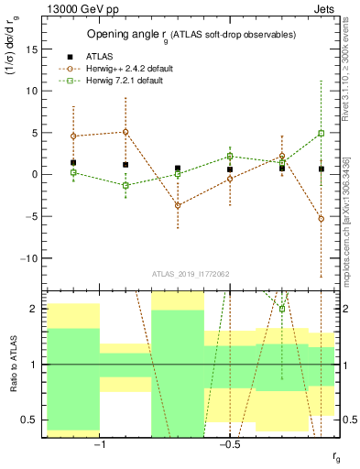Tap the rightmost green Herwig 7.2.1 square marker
(321, 133)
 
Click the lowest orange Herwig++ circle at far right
(321, 219)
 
